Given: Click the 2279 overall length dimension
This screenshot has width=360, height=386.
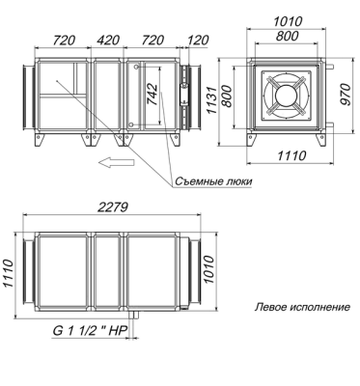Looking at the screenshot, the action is [x=112, y=207].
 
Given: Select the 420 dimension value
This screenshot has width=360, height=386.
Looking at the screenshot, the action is [x=108, y=41].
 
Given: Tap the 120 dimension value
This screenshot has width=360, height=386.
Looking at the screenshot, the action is [x=198, y=41].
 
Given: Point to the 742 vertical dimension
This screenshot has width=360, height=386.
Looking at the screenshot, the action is [x=152, y=95].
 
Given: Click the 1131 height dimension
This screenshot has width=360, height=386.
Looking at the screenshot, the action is [x=212, y=99].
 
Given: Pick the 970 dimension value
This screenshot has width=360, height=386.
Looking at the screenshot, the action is [x=346, y=94].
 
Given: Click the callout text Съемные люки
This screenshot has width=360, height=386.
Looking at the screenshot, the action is [x=213, y=181].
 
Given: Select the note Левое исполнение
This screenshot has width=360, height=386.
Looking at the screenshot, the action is [x=302, y=307].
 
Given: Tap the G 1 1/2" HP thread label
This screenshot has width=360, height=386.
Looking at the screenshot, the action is [x=89, y=331].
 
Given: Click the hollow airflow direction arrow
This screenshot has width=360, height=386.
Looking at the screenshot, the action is [x=117, y=162].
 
